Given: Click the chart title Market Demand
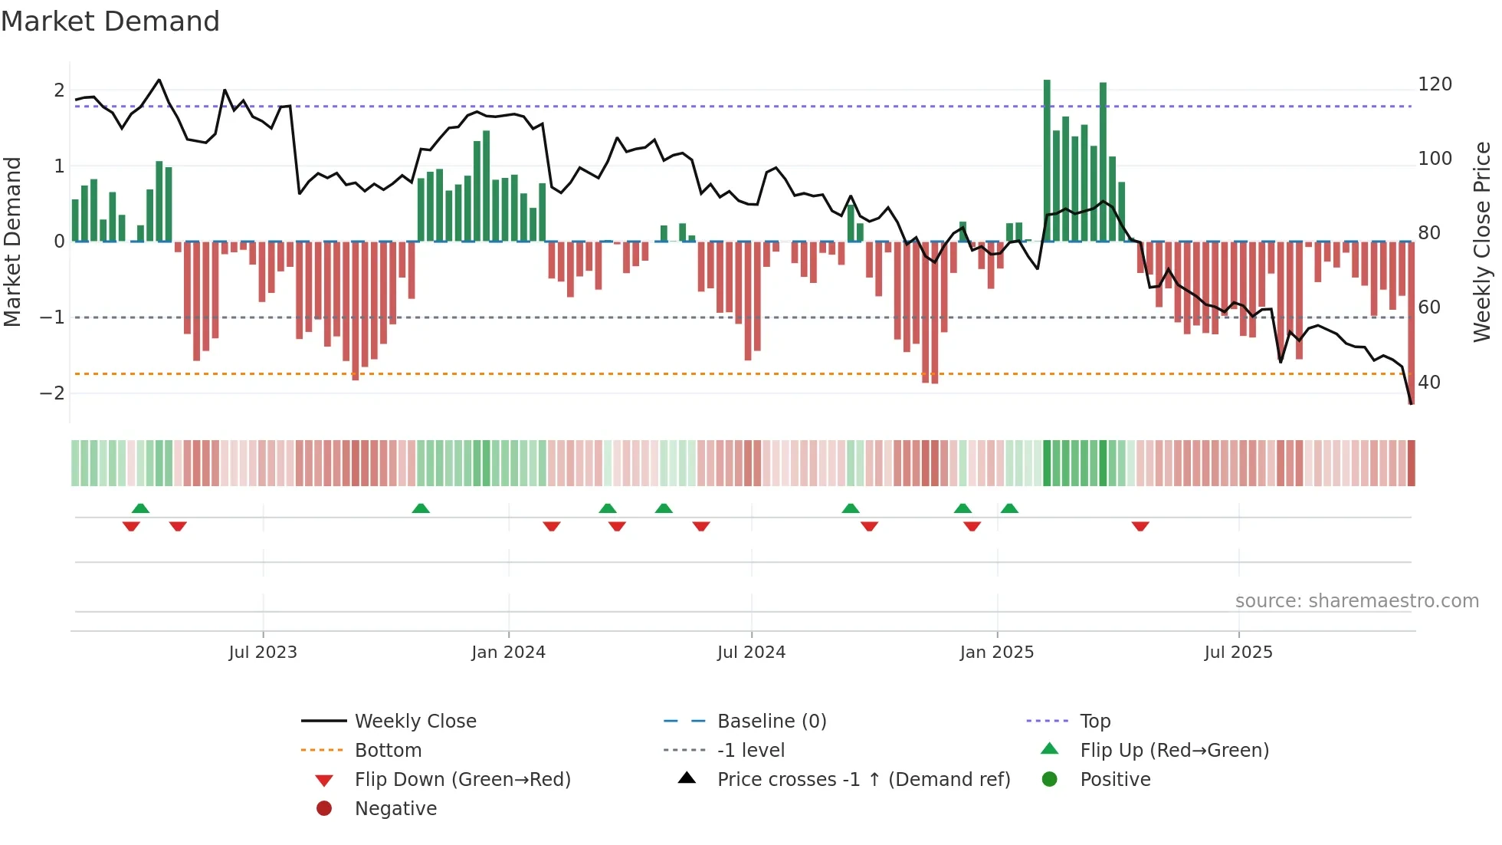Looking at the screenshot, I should (x=110, y=21).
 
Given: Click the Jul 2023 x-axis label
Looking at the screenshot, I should (x=263, y=653).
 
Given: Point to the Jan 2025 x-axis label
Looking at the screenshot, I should (x=996, y=653).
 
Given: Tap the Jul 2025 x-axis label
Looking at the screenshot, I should (x=1238, y=653).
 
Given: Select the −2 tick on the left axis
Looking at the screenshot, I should (x=53, y=393).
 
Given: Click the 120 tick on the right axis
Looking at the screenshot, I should (x=1435, y=84).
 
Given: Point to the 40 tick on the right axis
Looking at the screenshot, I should (x=1428, y=382).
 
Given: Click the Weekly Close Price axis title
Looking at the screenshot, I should (x=1482, y=242).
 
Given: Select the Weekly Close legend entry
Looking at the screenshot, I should (x=415, y=722).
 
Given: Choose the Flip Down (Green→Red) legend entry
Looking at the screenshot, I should (x=462, y=780).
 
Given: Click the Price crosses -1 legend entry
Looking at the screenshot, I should (x=863, y=780).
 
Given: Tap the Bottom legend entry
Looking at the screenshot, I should (x=388, y=751).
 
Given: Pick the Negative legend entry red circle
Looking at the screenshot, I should (x=324, y=809).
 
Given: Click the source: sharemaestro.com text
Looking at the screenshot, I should (x=1356, y=601).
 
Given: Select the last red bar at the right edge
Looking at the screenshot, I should (x=1411, y=322).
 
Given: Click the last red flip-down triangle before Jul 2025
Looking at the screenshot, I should (x=1140, y=526).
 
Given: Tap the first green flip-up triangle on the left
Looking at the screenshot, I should (x=140, y=508).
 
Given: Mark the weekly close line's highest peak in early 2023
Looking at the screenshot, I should (x=159, y=80).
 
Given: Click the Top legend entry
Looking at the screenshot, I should (x=1094, y=722).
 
